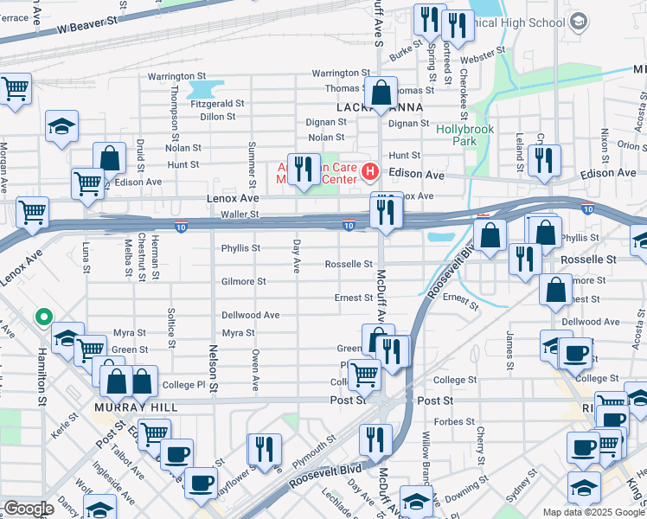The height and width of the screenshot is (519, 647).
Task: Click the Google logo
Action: pos(28,509)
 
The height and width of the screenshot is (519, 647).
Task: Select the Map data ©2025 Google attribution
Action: pos(593,512)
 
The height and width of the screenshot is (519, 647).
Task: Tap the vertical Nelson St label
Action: pos(212,362)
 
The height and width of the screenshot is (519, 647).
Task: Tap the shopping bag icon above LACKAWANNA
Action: pos(381,93)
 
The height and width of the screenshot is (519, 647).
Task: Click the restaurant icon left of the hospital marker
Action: pos(301,169)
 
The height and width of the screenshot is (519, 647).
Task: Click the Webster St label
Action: pos(483,60)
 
